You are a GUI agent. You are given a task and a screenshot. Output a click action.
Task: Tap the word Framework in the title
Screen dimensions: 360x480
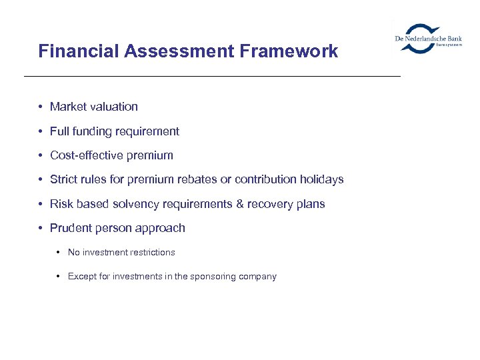tap(291, 51)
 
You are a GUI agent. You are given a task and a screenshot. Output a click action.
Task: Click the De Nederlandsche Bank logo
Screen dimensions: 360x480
tap(428, 39)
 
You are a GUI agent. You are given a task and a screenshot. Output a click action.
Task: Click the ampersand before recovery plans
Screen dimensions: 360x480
tap(240, 204)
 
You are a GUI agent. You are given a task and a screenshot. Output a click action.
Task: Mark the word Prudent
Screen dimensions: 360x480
tap(70, 228)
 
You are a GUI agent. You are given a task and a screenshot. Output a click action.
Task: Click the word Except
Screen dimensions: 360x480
tap(81, 277)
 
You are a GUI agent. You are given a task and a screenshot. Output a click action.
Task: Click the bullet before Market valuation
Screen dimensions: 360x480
tap(41, 107)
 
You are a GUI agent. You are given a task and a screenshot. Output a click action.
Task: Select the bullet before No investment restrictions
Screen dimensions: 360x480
tap(59, 253)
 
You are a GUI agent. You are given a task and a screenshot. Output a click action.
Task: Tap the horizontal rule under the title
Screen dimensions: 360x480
tap(212, 77)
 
